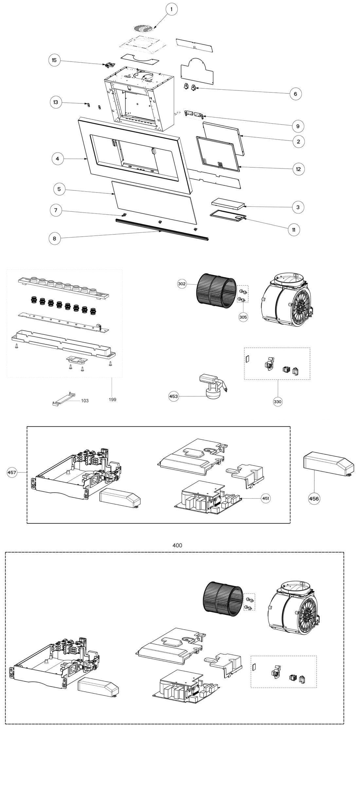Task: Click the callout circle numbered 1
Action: point(171,9)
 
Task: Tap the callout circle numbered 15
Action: point(54,60)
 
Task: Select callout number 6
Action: point(295,94)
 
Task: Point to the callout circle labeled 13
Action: point(56,102)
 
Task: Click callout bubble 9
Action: point(297,126)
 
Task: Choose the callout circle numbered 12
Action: point(298,169)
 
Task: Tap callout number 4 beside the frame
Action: point(58,159)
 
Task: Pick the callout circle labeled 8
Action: point(54,239)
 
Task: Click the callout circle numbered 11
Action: point(294,230)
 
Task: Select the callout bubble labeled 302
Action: point(182,284)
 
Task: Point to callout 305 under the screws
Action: point(243,317)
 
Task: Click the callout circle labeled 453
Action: point(173,396)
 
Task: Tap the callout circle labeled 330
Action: point(278,402)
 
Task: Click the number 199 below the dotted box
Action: point(112,399)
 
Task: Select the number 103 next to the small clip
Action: point(85,400)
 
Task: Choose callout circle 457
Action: point(12,472)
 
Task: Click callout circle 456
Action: point(314,499)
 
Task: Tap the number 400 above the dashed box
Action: point(177,545)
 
